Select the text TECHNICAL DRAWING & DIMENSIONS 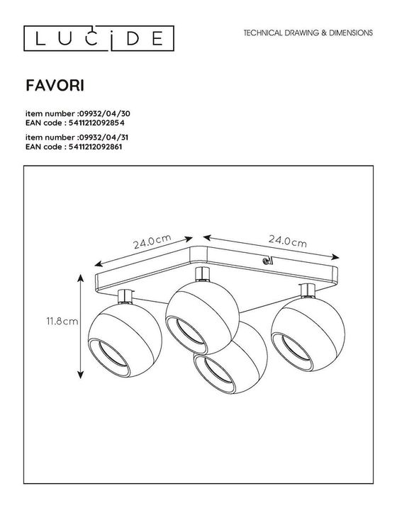tap(308, 33)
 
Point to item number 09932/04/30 tap(78, 112)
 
